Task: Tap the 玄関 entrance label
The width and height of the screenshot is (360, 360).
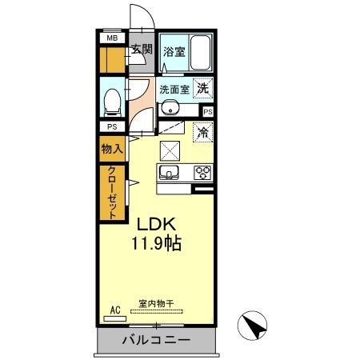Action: tap(142, 50)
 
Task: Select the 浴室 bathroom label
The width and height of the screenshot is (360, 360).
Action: tap(174, 52)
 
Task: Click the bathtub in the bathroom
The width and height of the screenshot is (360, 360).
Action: tap(201, 53)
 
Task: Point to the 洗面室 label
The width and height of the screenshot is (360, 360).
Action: tap(173, 89)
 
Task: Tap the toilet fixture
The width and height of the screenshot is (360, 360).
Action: tap(114, 99)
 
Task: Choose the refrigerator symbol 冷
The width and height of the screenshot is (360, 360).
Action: tap(203, 132)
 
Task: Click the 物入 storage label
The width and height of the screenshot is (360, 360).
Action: tap(111, 149)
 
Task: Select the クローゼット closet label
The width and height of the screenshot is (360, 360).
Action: tap(112, 192)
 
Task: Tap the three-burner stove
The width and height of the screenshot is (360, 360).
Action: tap(202, 173)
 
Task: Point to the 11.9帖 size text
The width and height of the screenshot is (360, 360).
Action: tap(156, 243)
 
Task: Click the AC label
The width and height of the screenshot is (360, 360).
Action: tap(115, 310)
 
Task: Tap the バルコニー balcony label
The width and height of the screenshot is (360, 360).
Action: tap(156, 341)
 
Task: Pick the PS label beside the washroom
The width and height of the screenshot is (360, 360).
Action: tap(208, 112)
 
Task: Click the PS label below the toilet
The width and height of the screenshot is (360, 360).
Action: tap(111, 126)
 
